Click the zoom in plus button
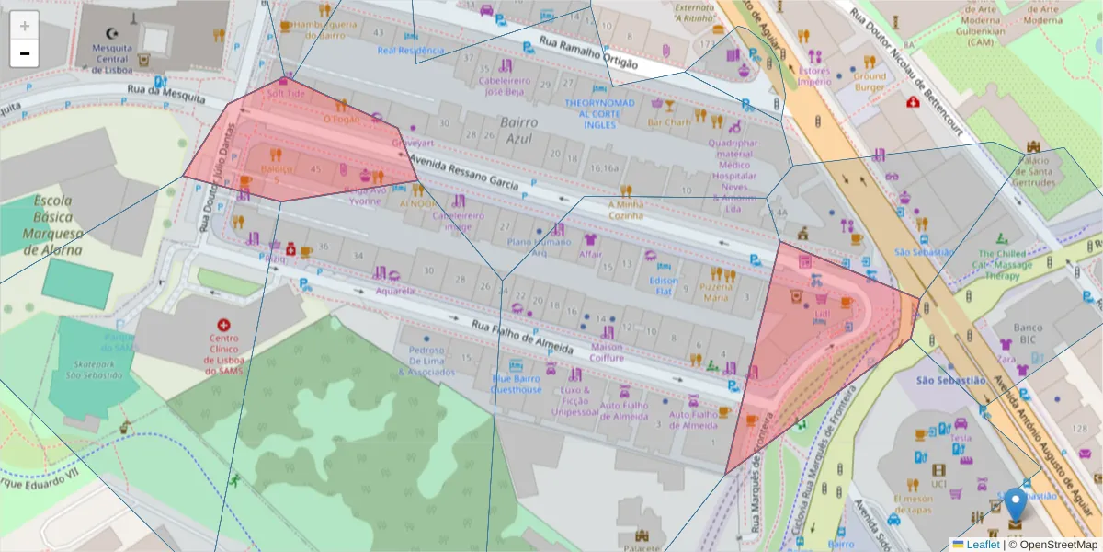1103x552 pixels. point(25,26)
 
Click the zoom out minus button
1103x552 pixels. point(25,53)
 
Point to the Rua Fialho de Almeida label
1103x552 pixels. point(522,337)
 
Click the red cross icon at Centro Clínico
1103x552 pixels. point(223,325)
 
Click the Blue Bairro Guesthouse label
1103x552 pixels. point(517,384)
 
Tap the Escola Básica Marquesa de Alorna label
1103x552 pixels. point(57,224)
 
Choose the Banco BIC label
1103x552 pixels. point(1028,333)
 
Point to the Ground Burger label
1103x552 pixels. point(870,82)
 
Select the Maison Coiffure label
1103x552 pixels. point(607,352)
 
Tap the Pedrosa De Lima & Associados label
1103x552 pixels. point(426,361)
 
